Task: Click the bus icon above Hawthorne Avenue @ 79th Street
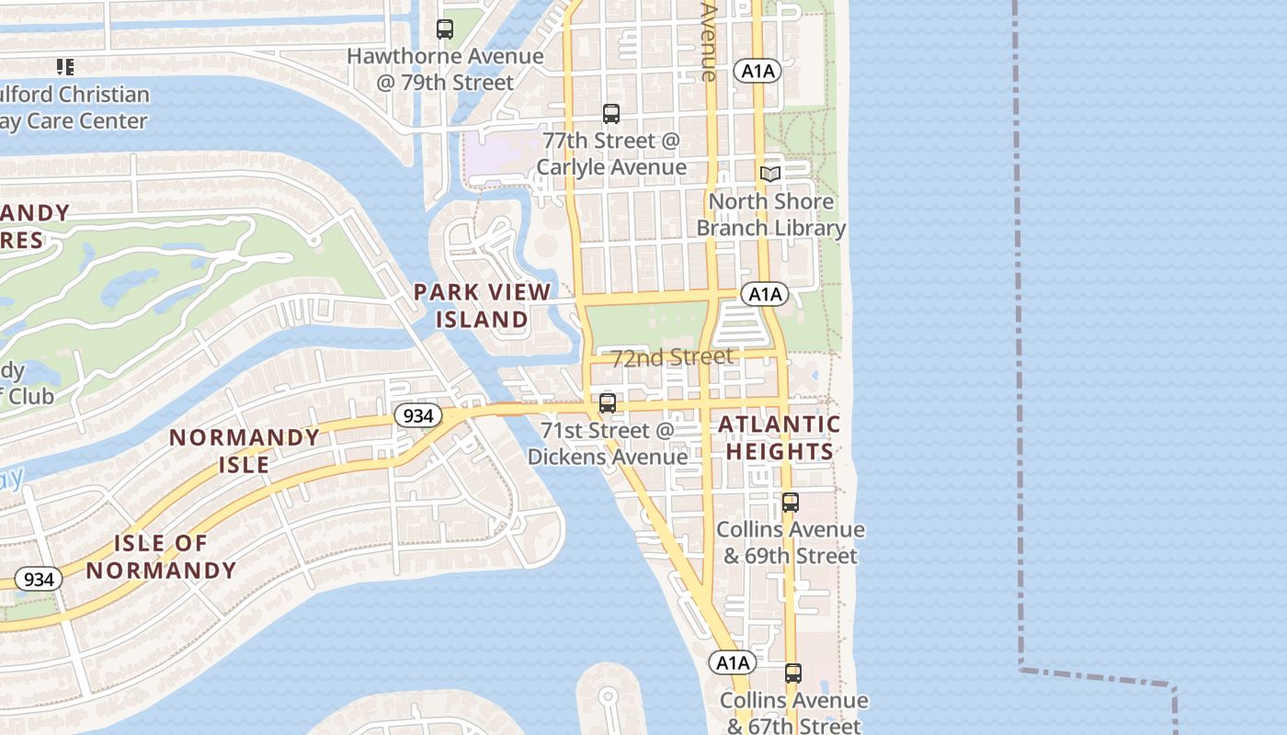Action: (x=445, y=29)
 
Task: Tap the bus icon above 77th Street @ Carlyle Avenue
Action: (x=611, y=114)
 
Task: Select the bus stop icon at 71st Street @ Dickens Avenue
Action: (x=607, y=403)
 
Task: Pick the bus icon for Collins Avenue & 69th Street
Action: (x=791, y=503)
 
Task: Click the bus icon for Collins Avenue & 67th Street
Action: (x=793, y=673)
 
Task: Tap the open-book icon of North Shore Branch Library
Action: (x=770, y=174)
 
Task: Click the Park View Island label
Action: (x=482, y=306)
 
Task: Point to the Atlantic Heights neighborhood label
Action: (x=779, y=437)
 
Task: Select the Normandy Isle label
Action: (x=245, y=450)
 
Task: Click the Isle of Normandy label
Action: (x=162, y=557)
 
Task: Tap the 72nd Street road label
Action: (x=672, y=357)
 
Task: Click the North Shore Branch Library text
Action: (x=770, y=215)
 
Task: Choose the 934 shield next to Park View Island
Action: (x=417, y=415)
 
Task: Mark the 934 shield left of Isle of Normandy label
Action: (x=39, y=579)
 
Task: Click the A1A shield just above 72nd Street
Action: (x=764, y=294)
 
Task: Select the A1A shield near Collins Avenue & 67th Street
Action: (x=732, y=662)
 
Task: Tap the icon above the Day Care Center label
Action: (x=64, y=66)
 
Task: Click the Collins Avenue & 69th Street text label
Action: (x=791, y=542)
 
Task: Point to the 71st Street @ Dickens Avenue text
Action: (x=607, y=444)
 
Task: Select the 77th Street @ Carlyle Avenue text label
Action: (x=611, y=153)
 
